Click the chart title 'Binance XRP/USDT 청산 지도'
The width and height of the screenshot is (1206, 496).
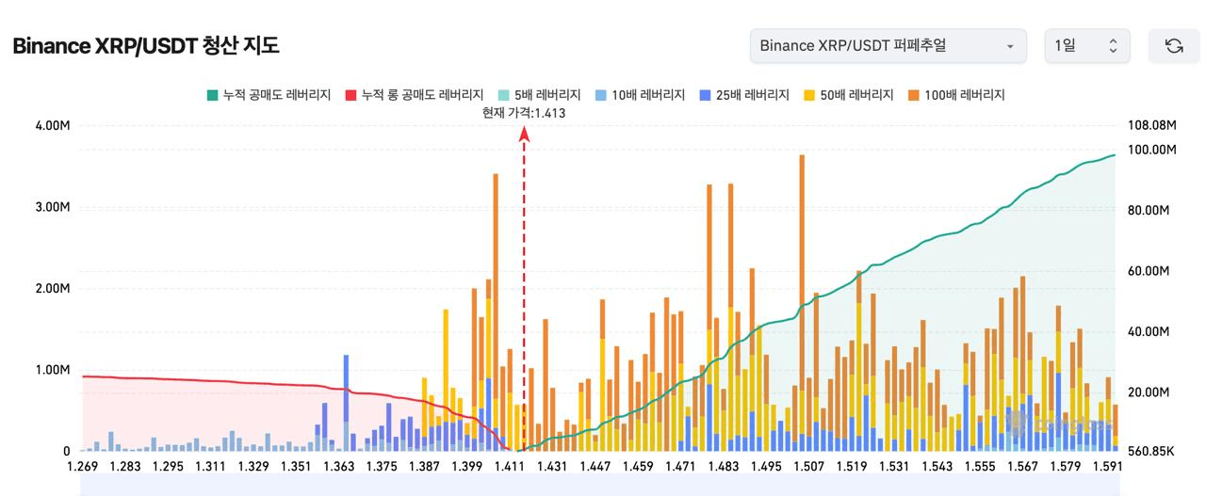146,46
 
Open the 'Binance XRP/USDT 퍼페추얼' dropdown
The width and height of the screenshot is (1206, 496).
888,46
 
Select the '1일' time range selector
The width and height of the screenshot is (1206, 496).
1086,46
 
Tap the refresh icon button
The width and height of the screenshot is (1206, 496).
1173,46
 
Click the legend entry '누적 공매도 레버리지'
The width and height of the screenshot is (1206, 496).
269,95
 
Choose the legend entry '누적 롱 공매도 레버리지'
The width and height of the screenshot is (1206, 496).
414,95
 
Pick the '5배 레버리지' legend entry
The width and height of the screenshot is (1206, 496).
536,95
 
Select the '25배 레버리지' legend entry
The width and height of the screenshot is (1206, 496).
744,95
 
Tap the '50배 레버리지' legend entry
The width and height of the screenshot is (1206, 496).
849,95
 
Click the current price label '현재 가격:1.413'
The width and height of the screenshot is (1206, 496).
523,113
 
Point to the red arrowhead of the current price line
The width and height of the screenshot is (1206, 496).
524,134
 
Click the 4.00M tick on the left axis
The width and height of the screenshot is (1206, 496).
52,126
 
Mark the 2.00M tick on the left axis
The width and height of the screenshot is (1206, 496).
52,289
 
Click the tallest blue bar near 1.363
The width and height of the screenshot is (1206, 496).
346,395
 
